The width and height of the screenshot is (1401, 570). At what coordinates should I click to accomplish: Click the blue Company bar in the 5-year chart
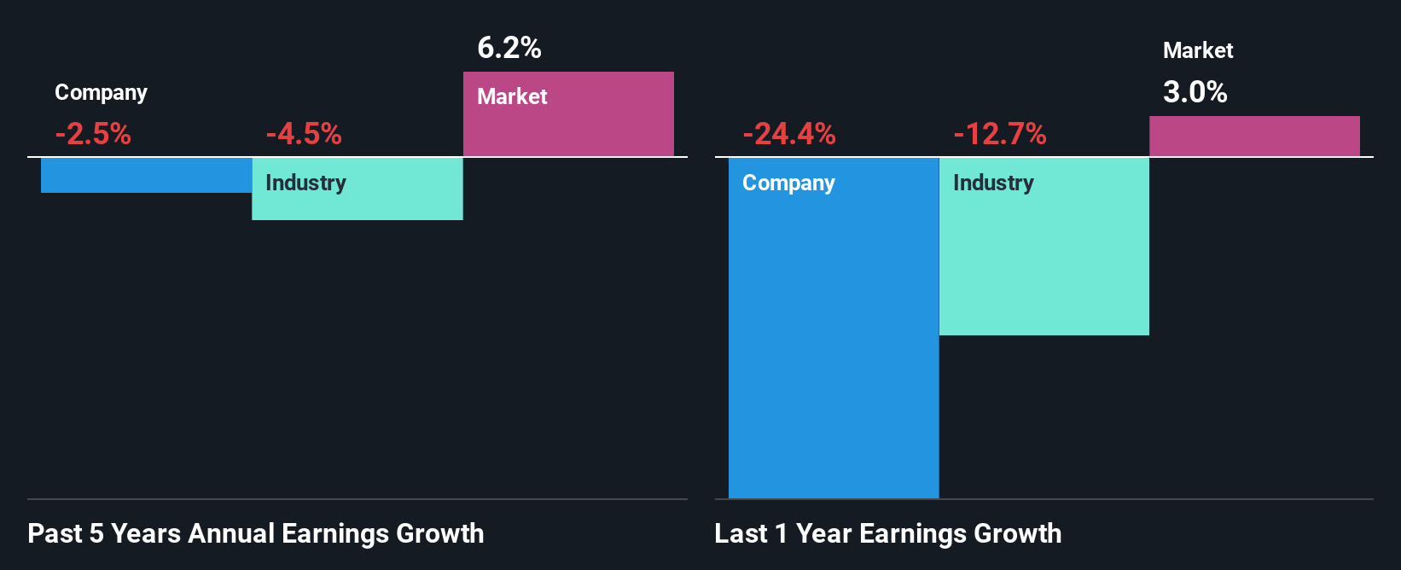146,175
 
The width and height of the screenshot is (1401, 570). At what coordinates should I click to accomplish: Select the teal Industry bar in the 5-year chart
358,203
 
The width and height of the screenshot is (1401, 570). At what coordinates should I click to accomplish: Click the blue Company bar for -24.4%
834,341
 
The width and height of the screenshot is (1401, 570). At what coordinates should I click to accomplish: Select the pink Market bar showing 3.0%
1254,137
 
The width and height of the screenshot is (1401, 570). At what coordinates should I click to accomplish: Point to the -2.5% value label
93,134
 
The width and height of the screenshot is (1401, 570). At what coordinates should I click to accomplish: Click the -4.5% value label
304,134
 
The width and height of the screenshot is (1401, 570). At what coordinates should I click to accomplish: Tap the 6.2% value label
509,48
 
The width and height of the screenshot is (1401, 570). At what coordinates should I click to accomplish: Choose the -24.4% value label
789,134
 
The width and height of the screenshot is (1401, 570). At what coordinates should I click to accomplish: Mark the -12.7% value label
1000,134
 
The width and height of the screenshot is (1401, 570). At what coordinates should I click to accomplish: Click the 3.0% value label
1195,92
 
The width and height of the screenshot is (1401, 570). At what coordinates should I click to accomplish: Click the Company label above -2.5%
101,92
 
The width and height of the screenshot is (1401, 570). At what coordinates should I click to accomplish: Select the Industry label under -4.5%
305,183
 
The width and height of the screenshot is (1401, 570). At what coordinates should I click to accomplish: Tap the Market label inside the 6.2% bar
512,96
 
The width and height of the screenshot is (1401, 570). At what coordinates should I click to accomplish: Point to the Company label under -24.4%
788,183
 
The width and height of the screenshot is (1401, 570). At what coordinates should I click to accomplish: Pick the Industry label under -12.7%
993,183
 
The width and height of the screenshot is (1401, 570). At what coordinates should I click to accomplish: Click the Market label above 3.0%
1198,50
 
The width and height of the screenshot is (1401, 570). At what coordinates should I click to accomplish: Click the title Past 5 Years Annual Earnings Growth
256,533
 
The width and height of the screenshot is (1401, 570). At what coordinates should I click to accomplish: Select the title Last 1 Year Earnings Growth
888,533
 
